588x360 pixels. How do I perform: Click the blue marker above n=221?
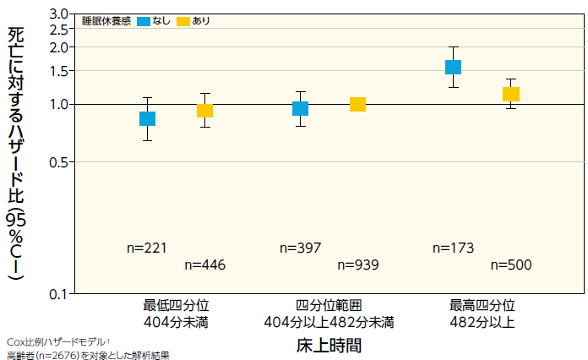pos(147,118)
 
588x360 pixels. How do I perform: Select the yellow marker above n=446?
pos(204,111)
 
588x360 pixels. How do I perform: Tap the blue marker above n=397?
pos(300,108)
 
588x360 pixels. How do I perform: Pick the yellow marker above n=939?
pos(357,104)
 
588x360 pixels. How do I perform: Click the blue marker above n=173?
pos(453,67)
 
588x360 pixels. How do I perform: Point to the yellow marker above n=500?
pos(510,94)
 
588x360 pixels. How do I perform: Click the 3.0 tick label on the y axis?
pos(57,14)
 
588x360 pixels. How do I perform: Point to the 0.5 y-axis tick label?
pos(57,161)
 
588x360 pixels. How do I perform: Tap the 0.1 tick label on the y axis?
pos(57,293)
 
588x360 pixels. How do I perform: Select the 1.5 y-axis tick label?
pos(57,71)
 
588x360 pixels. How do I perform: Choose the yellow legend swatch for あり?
pos(183,21)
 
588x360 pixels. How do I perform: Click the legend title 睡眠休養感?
pos(106,21)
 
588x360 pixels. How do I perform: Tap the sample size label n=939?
pos(357,265)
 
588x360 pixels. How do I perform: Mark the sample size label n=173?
pos(453,248)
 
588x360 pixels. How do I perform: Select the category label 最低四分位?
pos(176,305)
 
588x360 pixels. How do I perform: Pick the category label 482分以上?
pos(482,322)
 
